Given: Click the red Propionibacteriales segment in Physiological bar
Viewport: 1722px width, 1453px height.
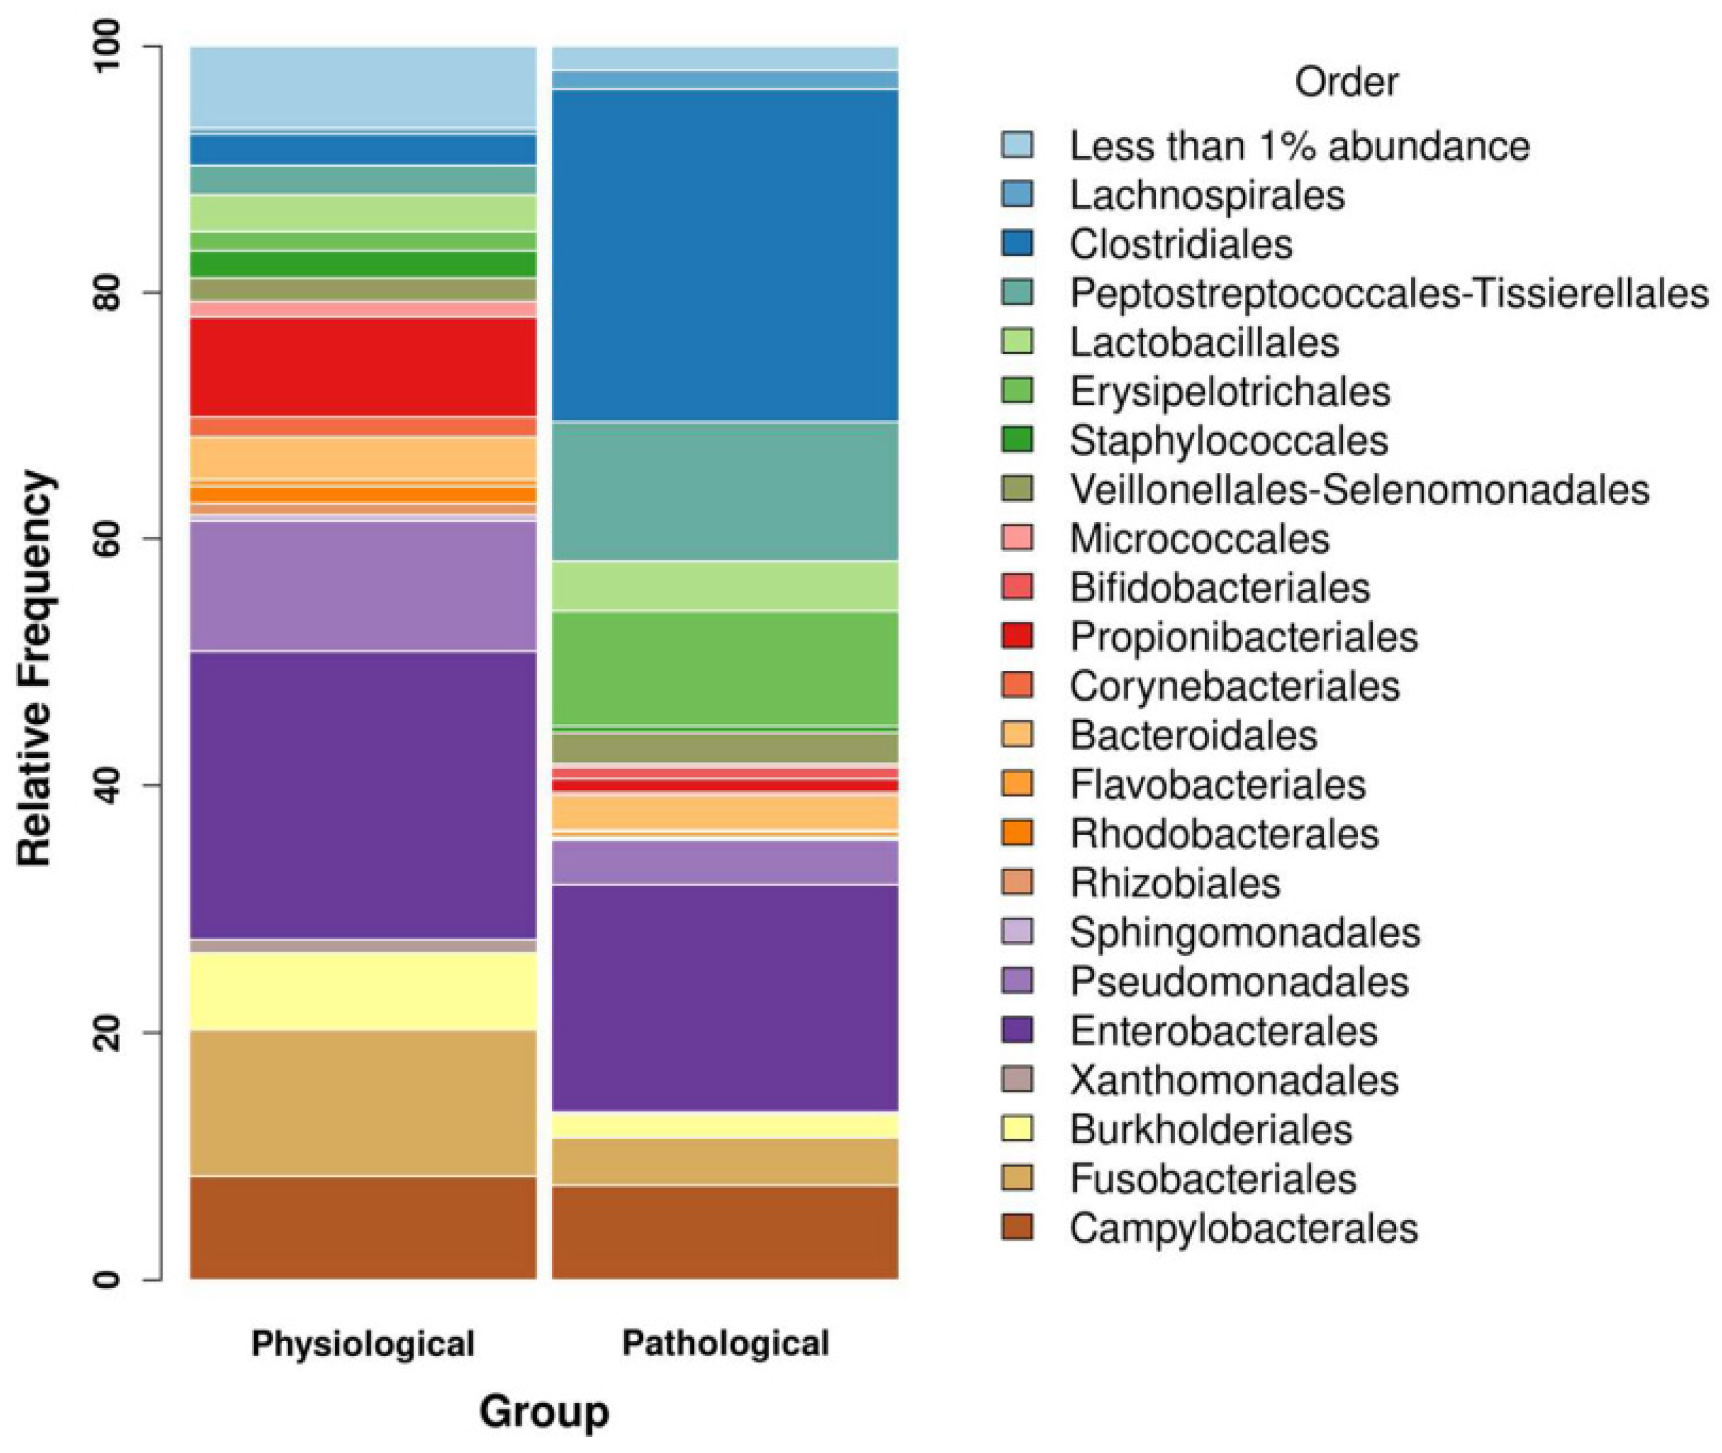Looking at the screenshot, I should (x=363, y=367).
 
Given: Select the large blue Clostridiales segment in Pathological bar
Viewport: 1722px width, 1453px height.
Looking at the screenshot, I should (x=725, y=255).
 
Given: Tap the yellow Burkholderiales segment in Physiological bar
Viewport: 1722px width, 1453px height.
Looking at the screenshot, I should (x=363, y=991).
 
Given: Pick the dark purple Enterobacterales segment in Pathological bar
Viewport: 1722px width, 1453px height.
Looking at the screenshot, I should (x=725, y=997).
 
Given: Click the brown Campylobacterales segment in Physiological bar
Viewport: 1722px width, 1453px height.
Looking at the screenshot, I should (x=363, y=1228).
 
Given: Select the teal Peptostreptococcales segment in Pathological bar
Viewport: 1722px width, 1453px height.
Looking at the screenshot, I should (x=725, y=492).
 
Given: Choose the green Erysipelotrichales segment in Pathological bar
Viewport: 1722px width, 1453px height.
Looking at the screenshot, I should (x=725, y=668).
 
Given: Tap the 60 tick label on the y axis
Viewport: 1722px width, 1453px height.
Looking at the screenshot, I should (x=108, y=539).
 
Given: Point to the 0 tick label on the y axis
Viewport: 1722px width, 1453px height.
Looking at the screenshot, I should (x=108, y=1279).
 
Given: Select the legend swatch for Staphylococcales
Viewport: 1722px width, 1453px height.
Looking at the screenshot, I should (x=1017, y=440).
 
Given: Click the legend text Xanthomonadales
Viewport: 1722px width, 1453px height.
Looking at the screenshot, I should (x=1234, y=1080).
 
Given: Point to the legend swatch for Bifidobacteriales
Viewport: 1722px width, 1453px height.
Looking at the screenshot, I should (x=1017, y=587).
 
